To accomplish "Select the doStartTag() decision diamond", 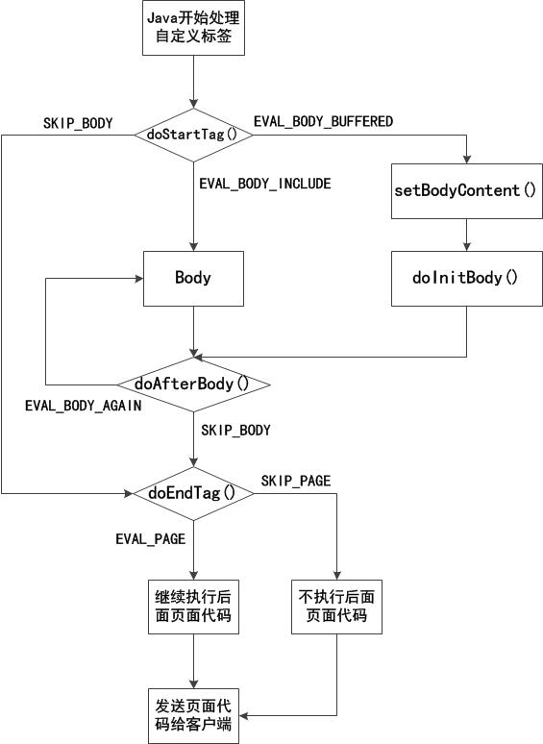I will [193, 134].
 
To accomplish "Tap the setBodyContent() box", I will [466, 189].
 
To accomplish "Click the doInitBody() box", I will [466, 279].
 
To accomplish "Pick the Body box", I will [193, 279].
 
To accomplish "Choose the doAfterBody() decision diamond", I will [193, 384].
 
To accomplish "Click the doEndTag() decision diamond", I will [193, 493].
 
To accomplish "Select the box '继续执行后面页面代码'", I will [193, 606].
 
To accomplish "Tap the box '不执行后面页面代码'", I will [336, 606].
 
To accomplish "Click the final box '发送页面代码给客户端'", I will [193, 715].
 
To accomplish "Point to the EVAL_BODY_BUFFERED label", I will [323, 121].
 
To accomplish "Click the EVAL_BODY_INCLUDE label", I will [264, 184].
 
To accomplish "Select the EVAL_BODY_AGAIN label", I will [83, 406].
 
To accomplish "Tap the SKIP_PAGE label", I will [296, 481].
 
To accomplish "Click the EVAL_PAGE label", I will [150, 539].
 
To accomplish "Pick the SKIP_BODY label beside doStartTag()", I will [78, 123].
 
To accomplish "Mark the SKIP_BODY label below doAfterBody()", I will [235, 431].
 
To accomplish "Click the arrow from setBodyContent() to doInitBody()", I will [466, 234].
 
